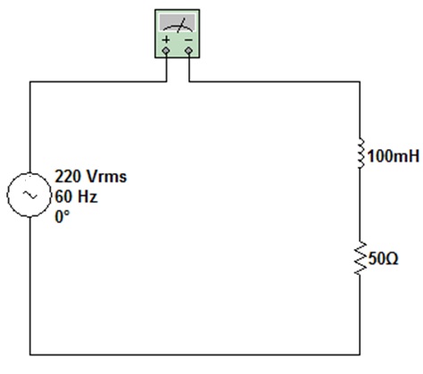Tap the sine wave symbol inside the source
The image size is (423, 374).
29,195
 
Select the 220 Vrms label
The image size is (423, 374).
91,176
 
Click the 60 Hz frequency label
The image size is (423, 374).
77,196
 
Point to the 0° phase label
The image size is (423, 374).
62,217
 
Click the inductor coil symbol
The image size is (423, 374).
361,154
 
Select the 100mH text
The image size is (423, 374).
394,156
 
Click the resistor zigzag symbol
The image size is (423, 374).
361,258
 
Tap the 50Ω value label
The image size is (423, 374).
383,259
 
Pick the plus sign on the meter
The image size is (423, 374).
166,39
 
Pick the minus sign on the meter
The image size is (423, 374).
188,39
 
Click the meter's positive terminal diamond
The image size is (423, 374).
166,51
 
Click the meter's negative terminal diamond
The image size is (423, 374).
188,51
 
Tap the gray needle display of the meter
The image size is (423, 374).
178,23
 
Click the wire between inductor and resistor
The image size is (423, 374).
361,205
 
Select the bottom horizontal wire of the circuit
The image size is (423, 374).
195,354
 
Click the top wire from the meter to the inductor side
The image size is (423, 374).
274,81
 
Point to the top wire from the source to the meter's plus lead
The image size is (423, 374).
98,81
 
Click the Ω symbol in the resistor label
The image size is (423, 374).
392,259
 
